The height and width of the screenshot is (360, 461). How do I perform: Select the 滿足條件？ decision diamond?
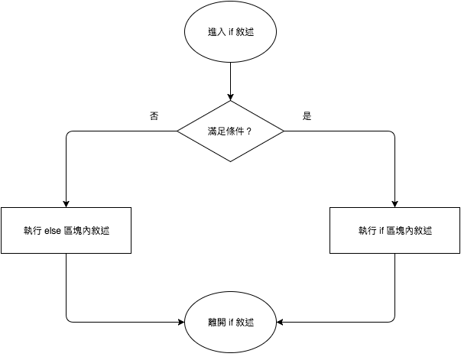230,131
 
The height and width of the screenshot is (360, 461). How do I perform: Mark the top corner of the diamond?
230,101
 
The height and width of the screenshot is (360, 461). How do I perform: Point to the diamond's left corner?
179,131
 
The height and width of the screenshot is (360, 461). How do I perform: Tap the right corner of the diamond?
283,131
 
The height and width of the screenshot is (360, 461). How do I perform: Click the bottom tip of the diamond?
230,161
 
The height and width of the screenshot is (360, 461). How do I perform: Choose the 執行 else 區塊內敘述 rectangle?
66,230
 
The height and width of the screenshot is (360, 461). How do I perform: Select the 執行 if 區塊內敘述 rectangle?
394,230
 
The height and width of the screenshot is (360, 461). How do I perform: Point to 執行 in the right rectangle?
367,231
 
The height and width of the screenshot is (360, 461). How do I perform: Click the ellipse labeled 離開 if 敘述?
230,322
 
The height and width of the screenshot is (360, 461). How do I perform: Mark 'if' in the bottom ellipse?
231,323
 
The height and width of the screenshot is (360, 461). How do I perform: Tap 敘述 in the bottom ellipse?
245,323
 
